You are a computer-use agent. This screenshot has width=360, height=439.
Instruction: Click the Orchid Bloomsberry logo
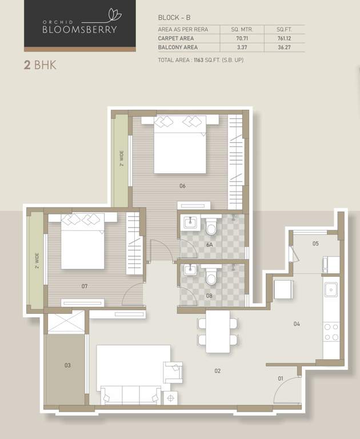pyautogui.click(x=79, y=26)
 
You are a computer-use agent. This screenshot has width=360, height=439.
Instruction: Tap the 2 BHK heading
pyautogui.click(x=39, y=65)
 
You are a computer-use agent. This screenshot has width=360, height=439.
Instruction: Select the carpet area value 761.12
pyautogui.click(x=284, y=38)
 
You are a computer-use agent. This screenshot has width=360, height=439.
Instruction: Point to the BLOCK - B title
pyautogui.click(x=174, y=18)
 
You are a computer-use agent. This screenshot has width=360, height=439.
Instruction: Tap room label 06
pyautogui.click(x=182, y=186)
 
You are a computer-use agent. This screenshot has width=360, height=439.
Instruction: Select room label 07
pyautogui.click(x=84, y=286)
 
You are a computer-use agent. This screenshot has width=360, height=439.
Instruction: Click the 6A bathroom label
pyautogui.click(x=210, y=245)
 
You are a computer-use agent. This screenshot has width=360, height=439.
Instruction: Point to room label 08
pyautogui.click(x=209, y=296)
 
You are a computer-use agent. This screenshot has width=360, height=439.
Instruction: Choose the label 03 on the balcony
pyautogui.click(x=67, y=365)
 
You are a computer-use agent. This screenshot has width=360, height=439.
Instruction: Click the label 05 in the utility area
pyautogui.click(x=315, y=244)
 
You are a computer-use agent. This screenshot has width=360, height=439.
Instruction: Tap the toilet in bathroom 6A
pyautogui.click(x=211, y=228)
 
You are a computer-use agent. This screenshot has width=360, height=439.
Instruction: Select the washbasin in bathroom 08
pyautogui.click(x=190, y=270)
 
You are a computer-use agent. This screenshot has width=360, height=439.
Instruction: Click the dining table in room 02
pyautogui.click(x=218, y=331)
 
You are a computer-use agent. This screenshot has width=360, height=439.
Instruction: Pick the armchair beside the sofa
pyautogui.click(x=172, y=372)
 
